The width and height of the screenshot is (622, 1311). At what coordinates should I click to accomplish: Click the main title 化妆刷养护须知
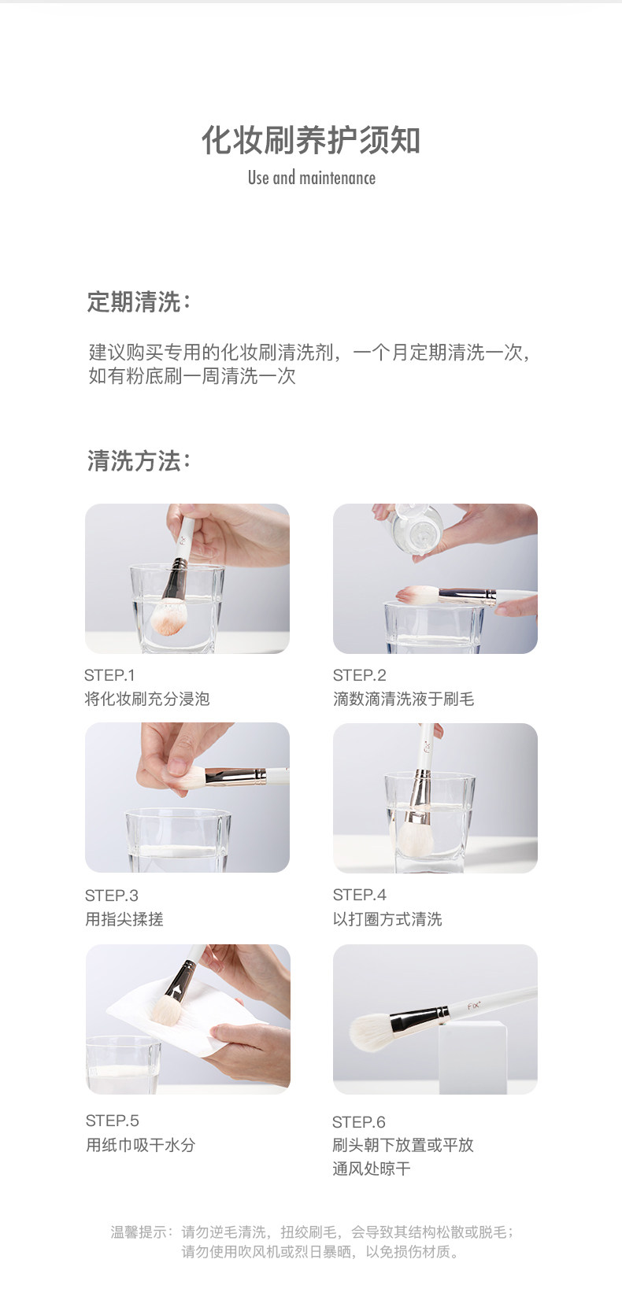[311, 140]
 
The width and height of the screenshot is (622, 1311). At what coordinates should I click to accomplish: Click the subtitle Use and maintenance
[312, 178]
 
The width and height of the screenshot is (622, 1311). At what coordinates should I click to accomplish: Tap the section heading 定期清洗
[134, 302]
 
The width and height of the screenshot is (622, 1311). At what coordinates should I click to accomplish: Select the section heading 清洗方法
[134, 460]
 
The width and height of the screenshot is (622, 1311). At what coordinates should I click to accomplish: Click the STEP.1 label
[109, 675]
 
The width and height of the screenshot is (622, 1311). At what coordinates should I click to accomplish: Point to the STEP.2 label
[360, 675]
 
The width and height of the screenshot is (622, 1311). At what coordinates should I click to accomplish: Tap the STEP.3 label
[111, 896]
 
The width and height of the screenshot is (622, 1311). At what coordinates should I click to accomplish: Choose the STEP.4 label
[360, 895]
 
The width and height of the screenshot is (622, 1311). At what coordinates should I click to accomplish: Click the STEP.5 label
[112, 1121]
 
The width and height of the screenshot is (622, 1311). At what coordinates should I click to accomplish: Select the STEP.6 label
[358, 1122]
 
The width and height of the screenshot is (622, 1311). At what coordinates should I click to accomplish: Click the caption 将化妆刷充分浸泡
[147, 699]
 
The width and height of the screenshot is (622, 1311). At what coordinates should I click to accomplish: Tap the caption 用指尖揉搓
[124, 919]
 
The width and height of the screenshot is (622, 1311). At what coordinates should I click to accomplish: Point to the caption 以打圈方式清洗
[387, 919]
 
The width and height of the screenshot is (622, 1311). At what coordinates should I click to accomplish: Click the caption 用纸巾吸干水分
[141, 1145]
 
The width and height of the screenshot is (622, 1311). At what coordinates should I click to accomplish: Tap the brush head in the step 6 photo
[370, 1030]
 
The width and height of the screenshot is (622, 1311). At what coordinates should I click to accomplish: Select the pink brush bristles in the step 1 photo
[168, 617]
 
